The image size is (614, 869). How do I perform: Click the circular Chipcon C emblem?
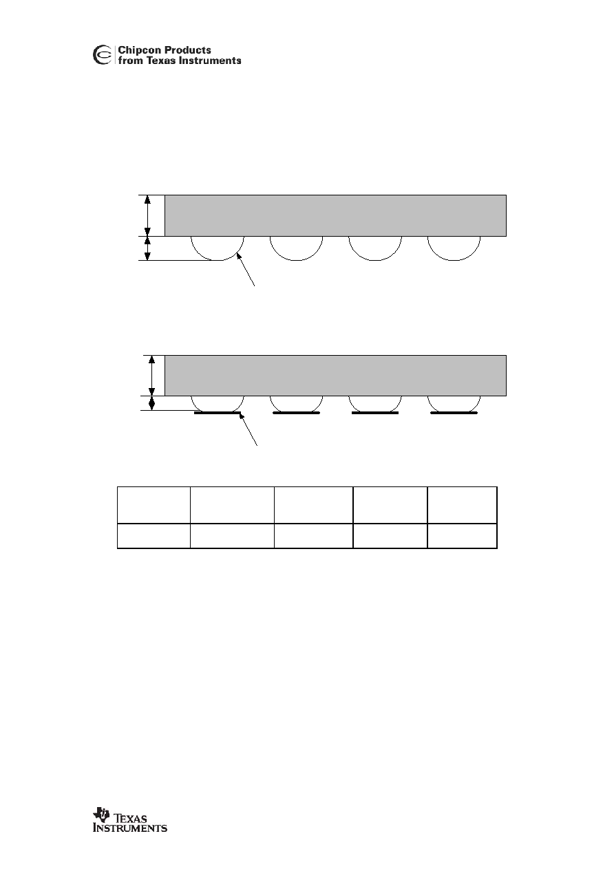[103, 55]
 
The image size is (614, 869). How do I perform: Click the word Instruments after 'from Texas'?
[210, 61]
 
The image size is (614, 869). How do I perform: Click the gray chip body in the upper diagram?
[335, 215]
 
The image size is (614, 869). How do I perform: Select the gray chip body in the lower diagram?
[335, 376]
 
